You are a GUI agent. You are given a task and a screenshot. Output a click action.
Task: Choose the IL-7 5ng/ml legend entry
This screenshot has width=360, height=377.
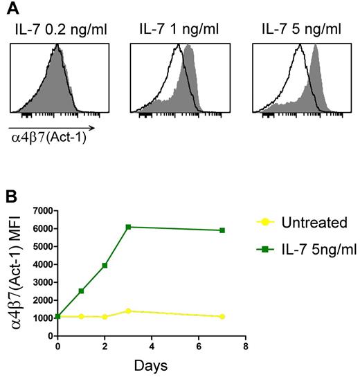(x=321, y=248)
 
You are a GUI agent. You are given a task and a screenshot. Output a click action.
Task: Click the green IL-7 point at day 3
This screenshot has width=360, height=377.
(x=127, y=227)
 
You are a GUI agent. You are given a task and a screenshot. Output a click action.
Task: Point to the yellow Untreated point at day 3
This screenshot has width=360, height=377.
(x=127, y=311)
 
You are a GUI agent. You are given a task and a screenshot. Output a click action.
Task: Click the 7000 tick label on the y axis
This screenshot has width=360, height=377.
(x=42, y=210)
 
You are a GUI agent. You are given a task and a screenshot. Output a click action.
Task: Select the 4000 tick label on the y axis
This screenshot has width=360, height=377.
(x=42, y=264)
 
